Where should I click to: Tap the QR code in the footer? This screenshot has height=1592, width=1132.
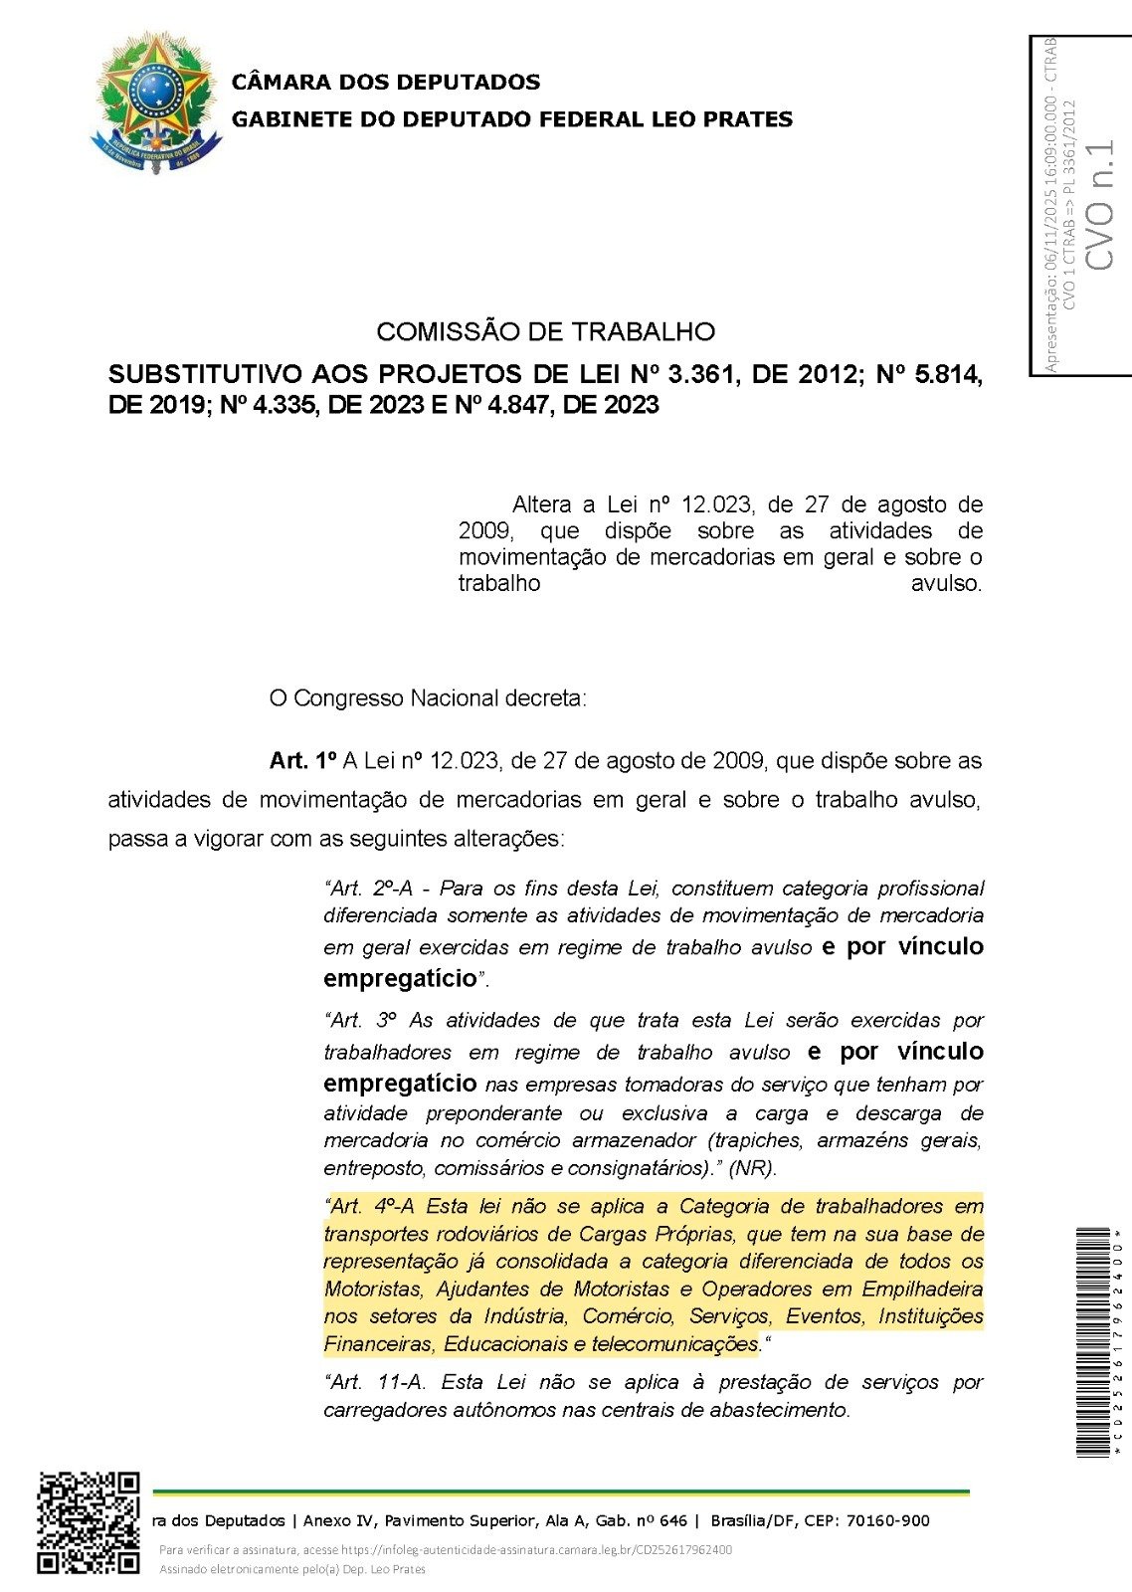click(x=89, y=1522)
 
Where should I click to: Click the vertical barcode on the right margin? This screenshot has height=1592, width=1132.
click(x=1093, y=1342)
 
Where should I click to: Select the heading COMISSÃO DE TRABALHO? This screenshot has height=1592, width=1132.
click(x=545, y=331)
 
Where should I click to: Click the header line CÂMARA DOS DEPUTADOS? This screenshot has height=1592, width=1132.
click(x=386, y=82)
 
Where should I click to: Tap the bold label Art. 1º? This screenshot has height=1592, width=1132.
click(x=303, y=761)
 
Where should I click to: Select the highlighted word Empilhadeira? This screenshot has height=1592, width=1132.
click(x=922, y=1290)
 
